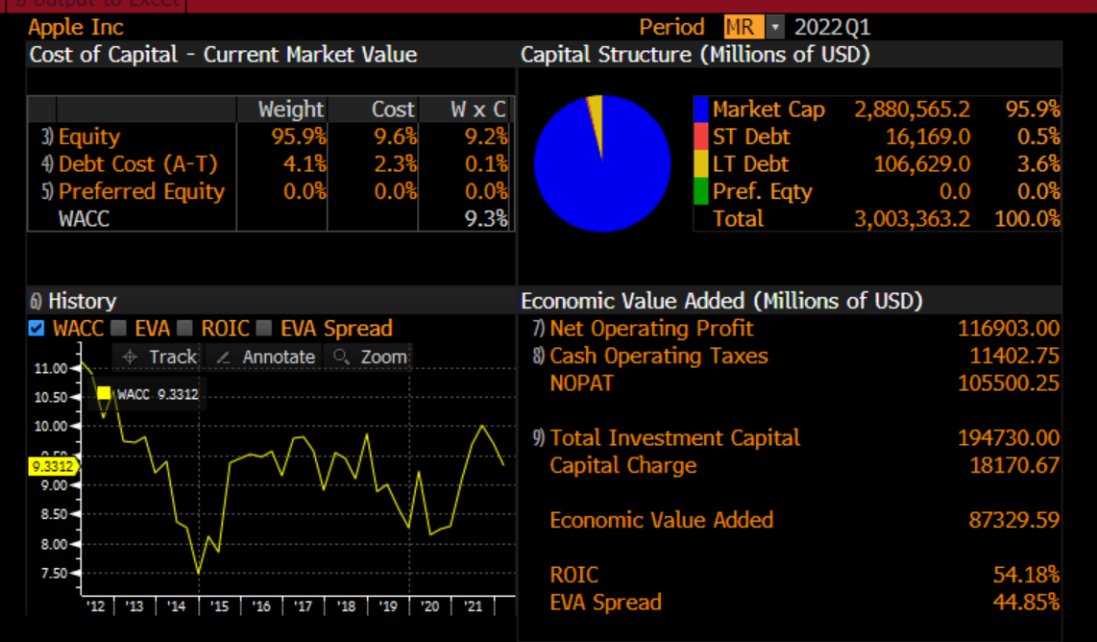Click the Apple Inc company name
click(77, 27)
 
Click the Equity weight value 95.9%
click(299, 137)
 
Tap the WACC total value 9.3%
click(485, 218)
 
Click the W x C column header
click(477, 110)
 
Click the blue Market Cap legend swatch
click(700, 110)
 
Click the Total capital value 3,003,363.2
click(912, 218)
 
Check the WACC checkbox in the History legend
click(37, 329)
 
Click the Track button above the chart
click(161, 357)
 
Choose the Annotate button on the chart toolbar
click(266, 357)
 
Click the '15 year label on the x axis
click(220, 606)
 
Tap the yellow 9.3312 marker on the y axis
click(52, 466)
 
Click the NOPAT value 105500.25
click(1008, 383)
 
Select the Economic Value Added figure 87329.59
click(1013, 520)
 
